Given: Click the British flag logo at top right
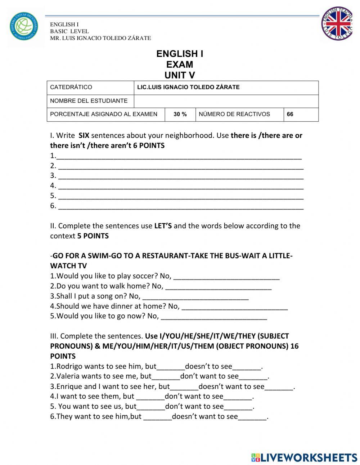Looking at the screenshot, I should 337,24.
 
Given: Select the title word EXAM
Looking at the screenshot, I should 180,64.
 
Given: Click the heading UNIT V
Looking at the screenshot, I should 180,75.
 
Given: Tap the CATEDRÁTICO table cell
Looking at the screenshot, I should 90,87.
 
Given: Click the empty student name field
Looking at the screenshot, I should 226,101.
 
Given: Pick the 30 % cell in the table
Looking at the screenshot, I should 180,114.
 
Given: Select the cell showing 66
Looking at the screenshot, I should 301,114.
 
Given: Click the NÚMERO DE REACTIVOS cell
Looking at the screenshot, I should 239,114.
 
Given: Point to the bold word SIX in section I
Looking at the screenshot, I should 84,136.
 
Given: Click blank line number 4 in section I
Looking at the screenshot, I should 180,186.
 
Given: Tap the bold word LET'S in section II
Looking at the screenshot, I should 163,226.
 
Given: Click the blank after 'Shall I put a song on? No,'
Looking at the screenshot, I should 195,297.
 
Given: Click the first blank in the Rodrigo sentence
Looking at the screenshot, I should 171,367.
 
